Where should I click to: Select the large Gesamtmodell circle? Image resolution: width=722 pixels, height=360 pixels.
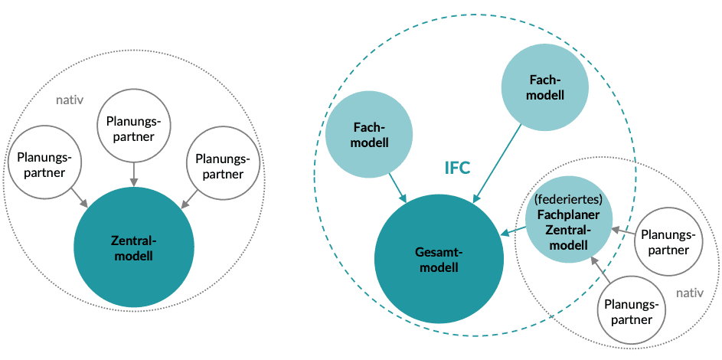(x=439, y=260)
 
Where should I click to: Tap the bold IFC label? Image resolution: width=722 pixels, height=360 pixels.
(x=457, y=168)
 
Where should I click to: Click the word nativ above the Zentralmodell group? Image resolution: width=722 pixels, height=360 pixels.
(x=70, y=100)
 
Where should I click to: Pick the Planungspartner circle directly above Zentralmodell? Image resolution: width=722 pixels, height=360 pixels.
(x=135, y=128)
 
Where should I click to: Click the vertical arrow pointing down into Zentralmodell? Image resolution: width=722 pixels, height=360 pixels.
(x=135, y=174)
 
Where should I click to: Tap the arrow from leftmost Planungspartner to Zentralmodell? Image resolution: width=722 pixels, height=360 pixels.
(x=80, y=198)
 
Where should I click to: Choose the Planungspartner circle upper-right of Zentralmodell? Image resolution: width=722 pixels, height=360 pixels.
(x=224, y=165)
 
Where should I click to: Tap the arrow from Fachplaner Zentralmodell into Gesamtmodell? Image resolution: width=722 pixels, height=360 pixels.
(x=513, y=231)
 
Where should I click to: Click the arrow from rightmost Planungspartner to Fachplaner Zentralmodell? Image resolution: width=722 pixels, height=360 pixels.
(x=623, y=231)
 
